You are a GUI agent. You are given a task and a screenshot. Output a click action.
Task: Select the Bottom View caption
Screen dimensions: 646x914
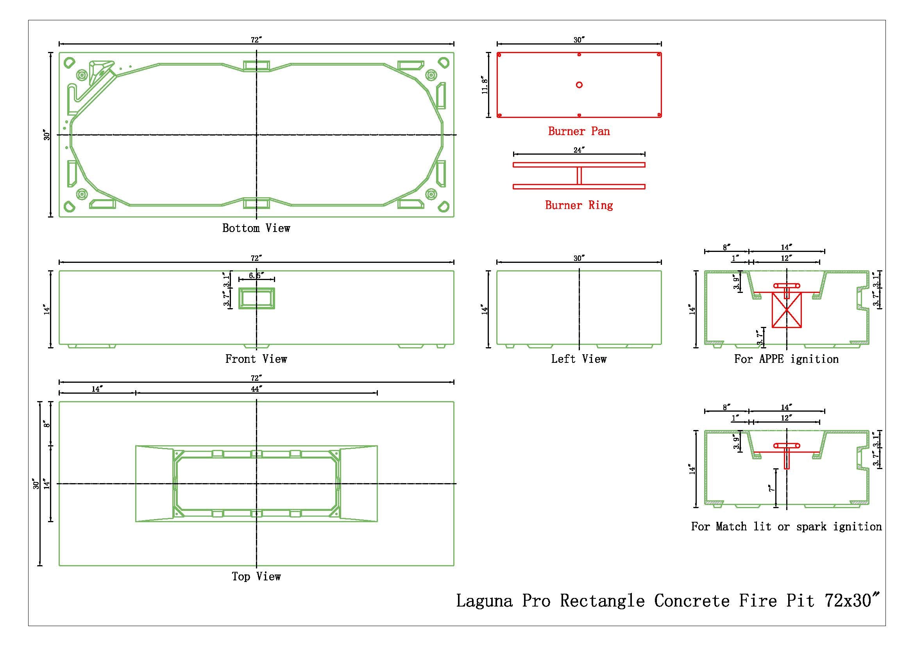click(x=256, y=228)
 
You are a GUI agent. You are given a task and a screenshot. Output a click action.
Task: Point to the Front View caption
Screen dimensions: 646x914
click(x=256, y=359)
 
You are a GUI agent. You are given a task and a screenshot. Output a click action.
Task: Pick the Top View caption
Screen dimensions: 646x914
click(x=256, y=577)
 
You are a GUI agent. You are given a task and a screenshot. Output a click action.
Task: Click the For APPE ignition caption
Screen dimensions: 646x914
click(x=786, y=359)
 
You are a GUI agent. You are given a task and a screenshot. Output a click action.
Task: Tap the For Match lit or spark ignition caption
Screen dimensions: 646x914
click(x=786, y=526)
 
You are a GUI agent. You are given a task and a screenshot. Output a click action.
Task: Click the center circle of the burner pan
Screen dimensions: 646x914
click(x=579, y=85)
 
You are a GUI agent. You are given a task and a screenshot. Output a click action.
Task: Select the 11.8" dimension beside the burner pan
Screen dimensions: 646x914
click(x=485, y=85)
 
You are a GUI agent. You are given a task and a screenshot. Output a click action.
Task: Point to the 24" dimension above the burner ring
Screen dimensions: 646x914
click(x=579, y=150)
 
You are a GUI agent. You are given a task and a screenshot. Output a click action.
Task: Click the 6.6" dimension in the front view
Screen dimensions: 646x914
click(x=256, y=276)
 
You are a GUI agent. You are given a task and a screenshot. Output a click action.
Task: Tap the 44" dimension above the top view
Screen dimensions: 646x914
click(x=256, y=389)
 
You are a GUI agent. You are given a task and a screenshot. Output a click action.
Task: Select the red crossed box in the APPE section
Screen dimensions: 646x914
click(x=787, y=310)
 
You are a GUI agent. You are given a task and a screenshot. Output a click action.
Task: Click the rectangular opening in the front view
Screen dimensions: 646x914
click(x=256, y=298)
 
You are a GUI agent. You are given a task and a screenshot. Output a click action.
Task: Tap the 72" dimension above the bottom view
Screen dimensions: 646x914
click(x=256, y=40)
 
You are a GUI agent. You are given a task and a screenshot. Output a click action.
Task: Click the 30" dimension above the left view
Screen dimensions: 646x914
click(x=579, y=258)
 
